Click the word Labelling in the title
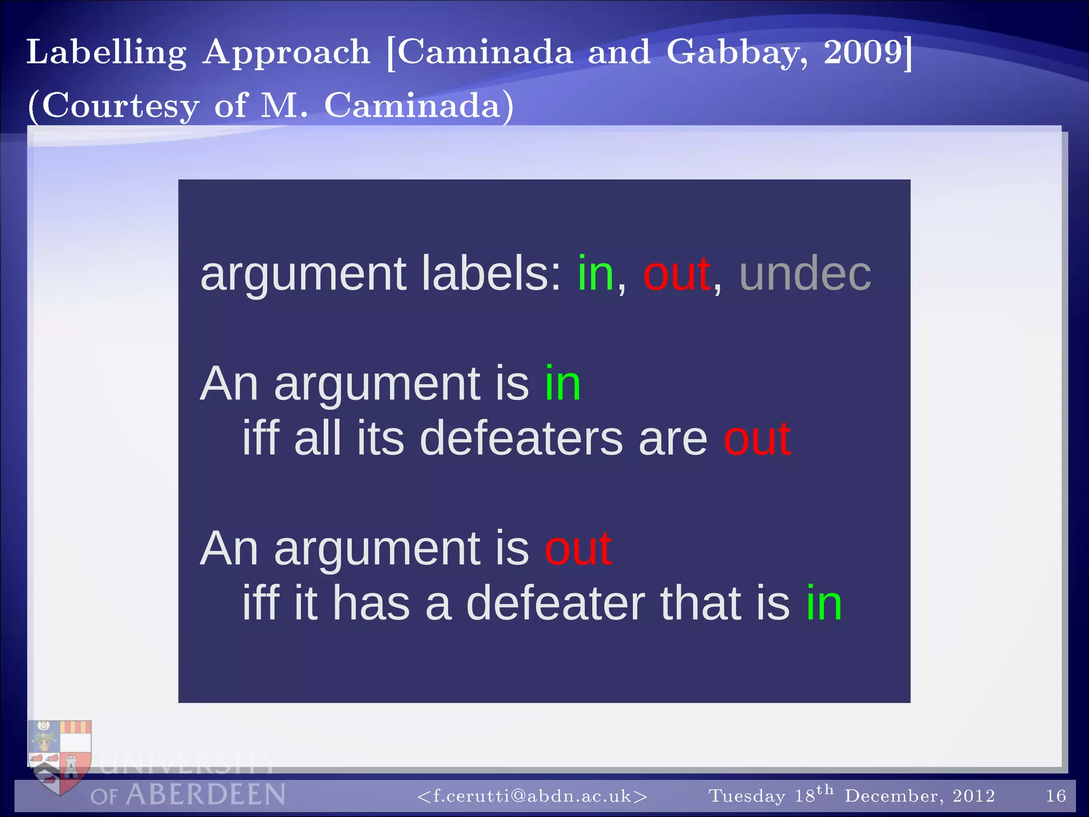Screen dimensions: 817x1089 tap(106, 53)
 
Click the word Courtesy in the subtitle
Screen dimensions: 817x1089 tap(120, 105)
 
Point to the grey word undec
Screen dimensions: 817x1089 tap(805, 274)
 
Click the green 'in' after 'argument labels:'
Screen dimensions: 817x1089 tap(596, 274)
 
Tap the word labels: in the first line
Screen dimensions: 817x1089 tap(491, 274)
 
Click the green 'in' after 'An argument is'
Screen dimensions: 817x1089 tap(563, 384)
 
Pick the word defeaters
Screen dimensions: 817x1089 tap(521, 439)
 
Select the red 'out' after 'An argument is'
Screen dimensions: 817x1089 tap(578, 549)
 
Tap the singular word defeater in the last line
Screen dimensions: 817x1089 tap(555, 604)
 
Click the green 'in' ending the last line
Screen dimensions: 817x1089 tap(824, 604)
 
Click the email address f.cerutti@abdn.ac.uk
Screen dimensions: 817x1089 tap(532, 796)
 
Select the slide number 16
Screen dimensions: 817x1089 tap(1056, 796)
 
